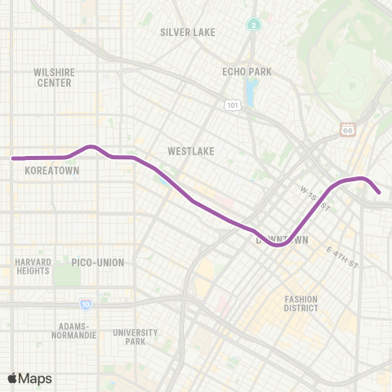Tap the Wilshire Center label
pos(53,78)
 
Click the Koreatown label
pos(52,172)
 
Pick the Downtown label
pos(283,241)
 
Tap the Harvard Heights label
pos(33,267)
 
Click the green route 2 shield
pos(255,25)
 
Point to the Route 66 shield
pos(348,130)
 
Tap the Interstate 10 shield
pos(86,305)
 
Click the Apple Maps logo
pos(29,378)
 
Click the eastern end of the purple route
pos(379,193)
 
